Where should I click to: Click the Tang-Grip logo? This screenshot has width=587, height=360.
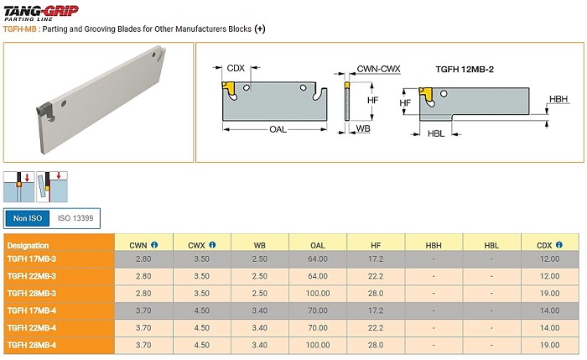pyautogui.click(x=41, y=13)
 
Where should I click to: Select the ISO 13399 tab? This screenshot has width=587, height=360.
pyautogui.click(x=75, y=218)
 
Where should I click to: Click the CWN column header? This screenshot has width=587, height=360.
pyautogui.click(x=138, y=245)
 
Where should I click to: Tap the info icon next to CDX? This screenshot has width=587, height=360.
pyautogui.click(x=559, y=245)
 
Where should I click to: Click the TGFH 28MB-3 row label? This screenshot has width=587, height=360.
pyautogui.click(x=32, y=294)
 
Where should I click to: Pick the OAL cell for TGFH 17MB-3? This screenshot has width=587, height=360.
pyautogui.click(x=318, y=258)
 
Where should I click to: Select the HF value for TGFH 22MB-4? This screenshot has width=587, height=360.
pyautogui.click(x=376, y=328)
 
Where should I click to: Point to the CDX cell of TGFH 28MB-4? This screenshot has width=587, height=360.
pyautogui.click(x=549, y=345)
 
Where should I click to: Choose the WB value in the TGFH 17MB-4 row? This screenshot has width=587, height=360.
pyautogui.click(x=259, y=310)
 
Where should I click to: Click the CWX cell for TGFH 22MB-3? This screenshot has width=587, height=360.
pyautogui.click(x=201, y=276)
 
